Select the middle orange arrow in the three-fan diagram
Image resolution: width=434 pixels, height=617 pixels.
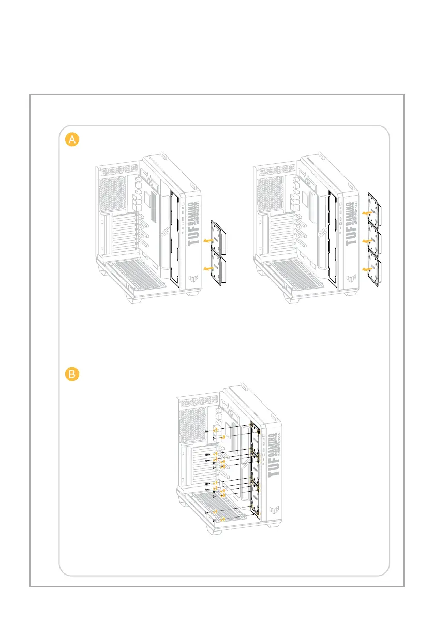tap(368, 241)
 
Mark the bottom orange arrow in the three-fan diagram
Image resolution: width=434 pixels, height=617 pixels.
tap(368, 270)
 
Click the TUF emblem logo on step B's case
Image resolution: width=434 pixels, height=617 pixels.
tap(274, 510)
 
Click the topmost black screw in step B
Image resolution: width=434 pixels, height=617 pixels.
tap(207, 431)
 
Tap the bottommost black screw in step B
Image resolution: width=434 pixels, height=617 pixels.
tap(214, 520)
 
